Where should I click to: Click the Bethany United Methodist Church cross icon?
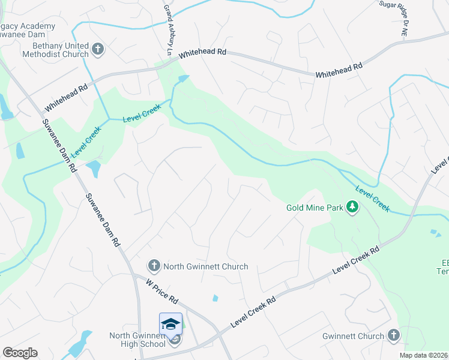coord(98,48)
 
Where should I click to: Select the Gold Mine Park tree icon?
coord(353,208)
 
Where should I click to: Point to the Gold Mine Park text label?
coord(315,208)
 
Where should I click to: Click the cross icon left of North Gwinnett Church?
coord(154,266)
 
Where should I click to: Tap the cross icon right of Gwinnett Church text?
coord(393,336)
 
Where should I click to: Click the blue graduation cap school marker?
coord(170,323)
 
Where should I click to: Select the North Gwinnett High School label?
coord(137,340)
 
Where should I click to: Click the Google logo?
coord(20,353)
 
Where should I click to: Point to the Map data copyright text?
coord(424,355)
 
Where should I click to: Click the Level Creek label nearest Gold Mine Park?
coord(372,199)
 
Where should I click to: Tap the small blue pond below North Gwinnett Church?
coord(215,298)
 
